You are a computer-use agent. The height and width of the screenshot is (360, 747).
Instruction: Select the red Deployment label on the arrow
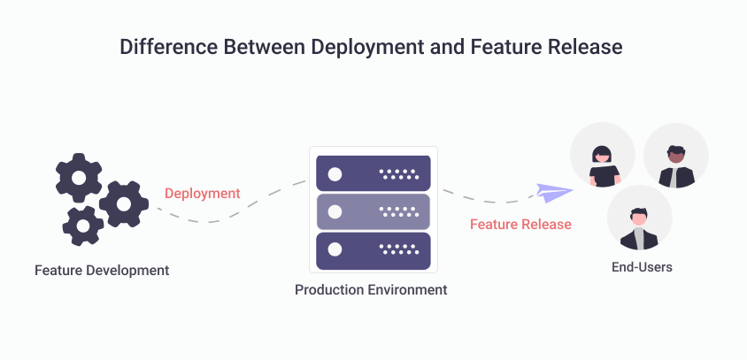pyautogui.click(x=202, y=193)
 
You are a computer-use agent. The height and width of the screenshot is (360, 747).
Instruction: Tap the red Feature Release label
pyautogui.click(x=520, y=224)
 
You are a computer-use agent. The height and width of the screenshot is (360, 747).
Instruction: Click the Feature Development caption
pyautogui.click(x=102, y=269)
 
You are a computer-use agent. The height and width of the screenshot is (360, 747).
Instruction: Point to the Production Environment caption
pyautogui.click(x=371, y=289)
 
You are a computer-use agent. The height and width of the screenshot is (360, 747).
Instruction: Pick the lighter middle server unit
pyautogui.click(x=373, y=211)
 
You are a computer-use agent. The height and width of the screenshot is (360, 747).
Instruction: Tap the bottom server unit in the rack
pyautogui.click(x=373, y=250)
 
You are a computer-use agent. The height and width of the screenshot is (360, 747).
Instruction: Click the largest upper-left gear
pyautogui.click(x=79, y=177)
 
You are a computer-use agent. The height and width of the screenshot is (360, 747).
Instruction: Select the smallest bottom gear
pyautogui.click(x=83, y=226)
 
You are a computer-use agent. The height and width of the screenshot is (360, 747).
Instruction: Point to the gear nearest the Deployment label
pyautogui.click(x=123, y=203)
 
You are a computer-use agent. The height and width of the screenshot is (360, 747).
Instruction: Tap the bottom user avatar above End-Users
pyautogui.click(x=639, y=218)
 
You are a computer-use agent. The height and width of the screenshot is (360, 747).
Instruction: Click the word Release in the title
pyautogui.click(x=589, y=47)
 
